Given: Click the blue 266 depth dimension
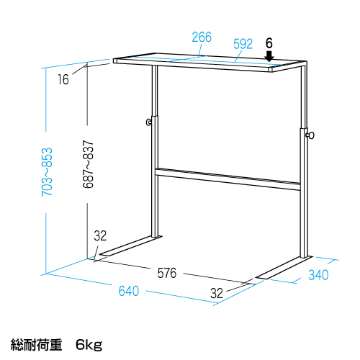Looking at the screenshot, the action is tap(202, 37).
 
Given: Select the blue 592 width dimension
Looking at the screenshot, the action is tap(243, 44).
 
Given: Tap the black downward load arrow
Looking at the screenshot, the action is tap(269, 55).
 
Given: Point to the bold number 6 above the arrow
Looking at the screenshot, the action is tap(269, 43).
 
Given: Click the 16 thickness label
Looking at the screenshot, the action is tap(63, 79).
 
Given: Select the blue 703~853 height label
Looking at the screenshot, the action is tap(47, 172).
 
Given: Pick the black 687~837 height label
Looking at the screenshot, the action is tap(88, 164).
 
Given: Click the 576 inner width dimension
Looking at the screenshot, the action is tap(167, 273).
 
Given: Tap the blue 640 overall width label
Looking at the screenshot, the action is tap(129, 291).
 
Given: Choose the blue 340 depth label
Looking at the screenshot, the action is tap(318, 275).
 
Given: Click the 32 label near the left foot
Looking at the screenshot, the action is tap(100, 235).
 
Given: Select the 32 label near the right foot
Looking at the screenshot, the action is tap(217, 293).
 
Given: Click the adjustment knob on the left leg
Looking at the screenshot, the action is tap(149, 122).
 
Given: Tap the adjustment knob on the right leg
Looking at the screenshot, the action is tap(310, 135).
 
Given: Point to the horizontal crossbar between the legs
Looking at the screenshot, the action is tap(228, 179).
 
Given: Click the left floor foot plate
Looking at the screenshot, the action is tap(131, 246).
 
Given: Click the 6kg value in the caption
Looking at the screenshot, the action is tap(89, 345).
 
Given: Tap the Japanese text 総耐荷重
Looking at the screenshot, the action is tap(36, 344).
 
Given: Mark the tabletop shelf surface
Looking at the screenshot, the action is tap(210, 61).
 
